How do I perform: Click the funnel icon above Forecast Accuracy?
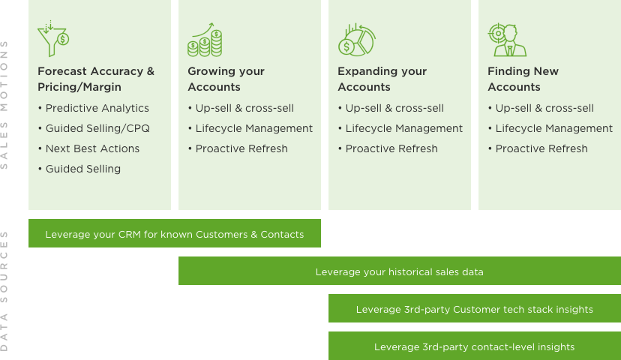[53, 40]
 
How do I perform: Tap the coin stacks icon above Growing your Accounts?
[205, 40]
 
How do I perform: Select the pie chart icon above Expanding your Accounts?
[356, 40]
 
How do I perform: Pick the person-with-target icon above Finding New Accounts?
[507, 40]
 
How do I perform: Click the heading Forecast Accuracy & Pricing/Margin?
[96, 79]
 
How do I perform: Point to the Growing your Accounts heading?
[226, 79]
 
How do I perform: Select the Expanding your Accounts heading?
[382, 79]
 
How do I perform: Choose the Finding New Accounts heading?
[523, 79]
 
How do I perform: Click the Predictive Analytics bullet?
[97, 108]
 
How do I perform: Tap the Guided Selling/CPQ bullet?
[97, 128]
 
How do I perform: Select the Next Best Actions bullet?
[92, 148]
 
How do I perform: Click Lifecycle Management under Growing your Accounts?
[253, 128]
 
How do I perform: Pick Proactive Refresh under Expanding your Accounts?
[391, 148]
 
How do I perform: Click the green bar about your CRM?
[175, 234]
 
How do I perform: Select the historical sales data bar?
[400, 271]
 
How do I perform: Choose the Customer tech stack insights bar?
[475, 309]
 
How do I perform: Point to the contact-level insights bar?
[475, 346]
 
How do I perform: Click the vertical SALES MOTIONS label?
[5, 105]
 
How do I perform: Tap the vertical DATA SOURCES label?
[5, 290]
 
